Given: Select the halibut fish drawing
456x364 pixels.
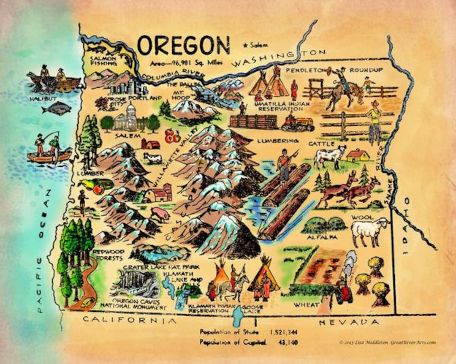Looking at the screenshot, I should point(56,109).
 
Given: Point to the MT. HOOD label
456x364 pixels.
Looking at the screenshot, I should point(181,95).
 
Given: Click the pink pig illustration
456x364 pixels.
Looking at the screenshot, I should point(161,214).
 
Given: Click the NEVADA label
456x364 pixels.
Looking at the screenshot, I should point(349,322).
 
